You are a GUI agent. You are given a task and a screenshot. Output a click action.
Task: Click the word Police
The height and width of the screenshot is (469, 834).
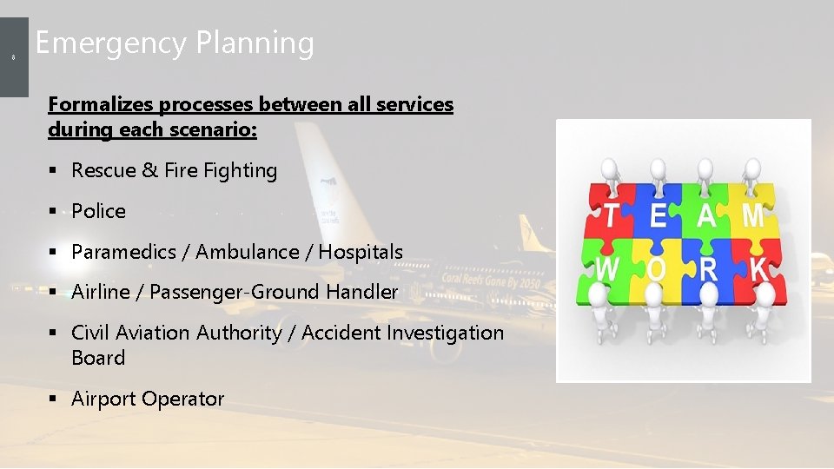coord(98,211)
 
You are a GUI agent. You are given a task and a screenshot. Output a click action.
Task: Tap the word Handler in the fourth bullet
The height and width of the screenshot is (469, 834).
coord(362,293)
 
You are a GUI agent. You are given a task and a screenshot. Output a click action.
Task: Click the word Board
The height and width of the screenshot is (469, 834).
coord(98,358)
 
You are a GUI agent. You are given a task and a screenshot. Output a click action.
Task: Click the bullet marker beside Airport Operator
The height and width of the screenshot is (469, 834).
coord(53,400)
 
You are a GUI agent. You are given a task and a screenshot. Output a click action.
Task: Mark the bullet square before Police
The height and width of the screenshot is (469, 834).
coord(53,212)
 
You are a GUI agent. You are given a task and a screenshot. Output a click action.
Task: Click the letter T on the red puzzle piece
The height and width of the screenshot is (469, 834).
coord(612,215)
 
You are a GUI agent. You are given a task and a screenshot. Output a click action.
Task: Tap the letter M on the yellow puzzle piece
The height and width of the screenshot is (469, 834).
coord(753,215)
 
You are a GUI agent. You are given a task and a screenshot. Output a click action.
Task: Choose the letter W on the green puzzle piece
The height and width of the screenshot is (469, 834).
coord(607,270)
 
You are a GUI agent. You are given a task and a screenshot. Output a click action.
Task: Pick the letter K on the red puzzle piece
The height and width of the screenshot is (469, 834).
coord(758,271)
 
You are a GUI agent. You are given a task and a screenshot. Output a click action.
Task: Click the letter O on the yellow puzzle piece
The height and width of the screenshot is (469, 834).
coord(657,270)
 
